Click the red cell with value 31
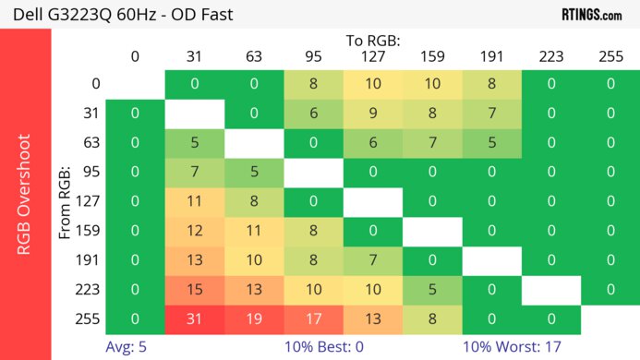[195, 319]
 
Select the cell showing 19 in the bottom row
[254, 319]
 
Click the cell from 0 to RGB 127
[373, 84]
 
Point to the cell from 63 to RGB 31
[195, 143]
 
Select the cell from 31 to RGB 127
[373, 114]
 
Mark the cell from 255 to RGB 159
[432, 319]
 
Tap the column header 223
[550, 56]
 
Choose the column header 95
[313, 56]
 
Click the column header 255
[610, 56]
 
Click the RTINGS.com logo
[591, 14]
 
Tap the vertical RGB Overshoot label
[26, 194]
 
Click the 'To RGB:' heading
[373, 41]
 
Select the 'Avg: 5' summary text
[128, 348]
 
